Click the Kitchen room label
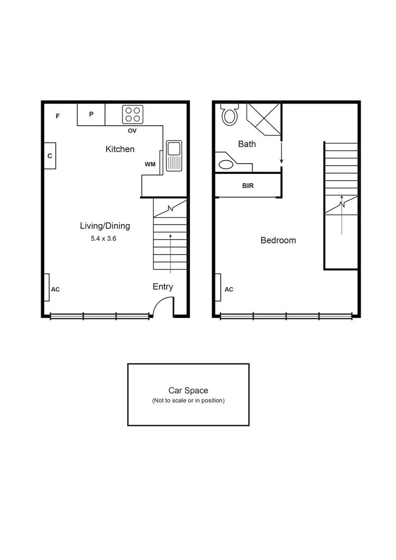point(120,149)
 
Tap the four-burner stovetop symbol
point(133,115)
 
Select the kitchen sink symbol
point(174,155)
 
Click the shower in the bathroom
point(264,118)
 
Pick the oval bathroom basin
point(226,164)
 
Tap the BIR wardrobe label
point(248,186)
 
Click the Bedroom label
point(278,240)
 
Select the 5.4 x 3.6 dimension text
point(103,239)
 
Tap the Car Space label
point(188,390)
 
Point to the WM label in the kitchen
point(150,164)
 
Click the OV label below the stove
point(133,130)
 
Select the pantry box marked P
point(91,114)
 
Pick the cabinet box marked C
point(50,156)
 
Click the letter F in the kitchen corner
point(58,116)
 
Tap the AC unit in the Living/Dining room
point(47,287)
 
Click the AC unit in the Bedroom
point(218,287)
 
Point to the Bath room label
point(247,144)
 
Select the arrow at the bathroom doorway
point(281,154)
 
